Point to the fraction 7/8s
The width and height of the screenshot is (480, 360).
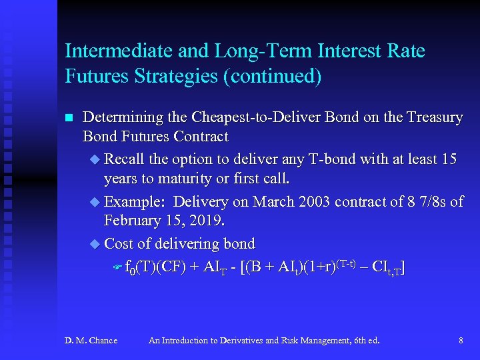tap(428, 201)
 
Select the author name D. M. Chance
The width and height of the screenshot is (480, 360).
tap(91, 341)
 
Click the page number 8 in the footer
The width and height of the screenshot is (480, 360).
tap(461, 341)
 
